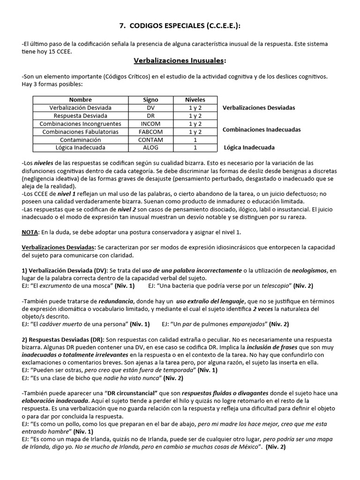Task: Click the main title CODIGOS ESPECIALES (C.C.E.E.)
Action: pos(180,26)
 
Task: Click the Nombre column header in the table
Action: pos(80,99)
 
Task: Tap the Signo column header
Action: pos(150,99)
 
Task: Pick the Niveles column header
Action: pos(195,99)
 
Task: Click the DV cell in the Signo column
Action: pos(150,107)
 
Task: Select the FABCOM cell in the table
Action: pos(150,132)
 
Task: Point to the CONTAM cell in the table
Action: pos(150,140)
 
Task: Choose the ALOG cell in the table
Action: pos(150,148)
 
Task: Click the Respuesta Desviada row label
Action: pos(80,116)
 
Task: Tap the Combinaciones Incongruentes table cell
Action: pos(80,124)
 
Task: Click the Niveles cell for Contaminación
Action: pos(195,140)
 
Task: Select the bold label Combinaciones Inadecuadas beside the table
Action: pos(262,129)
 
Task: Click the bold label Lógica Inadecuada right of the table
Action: pos(249,147)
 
